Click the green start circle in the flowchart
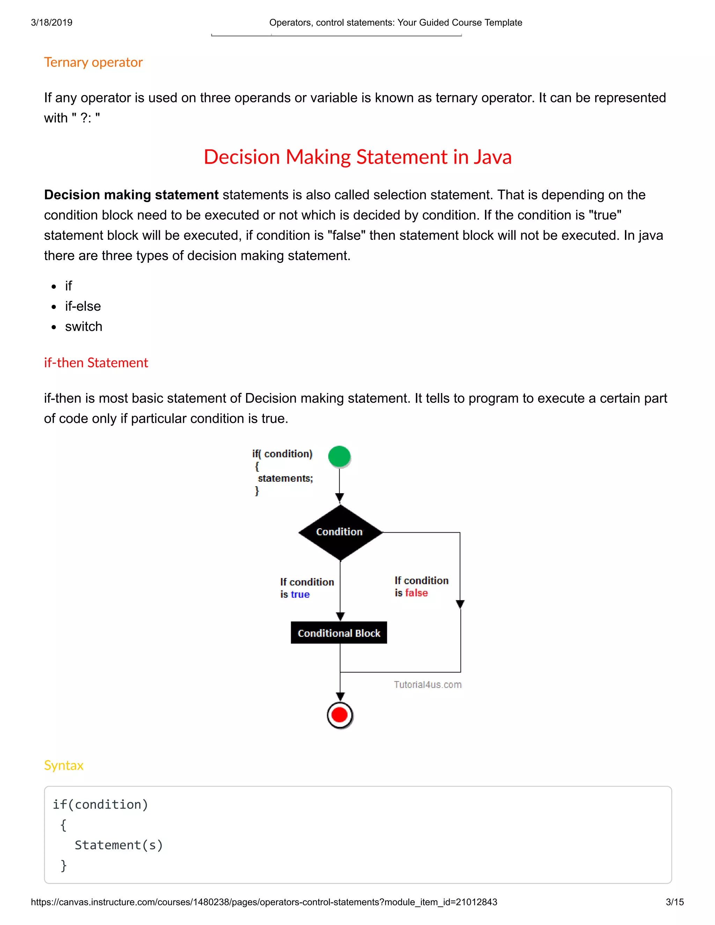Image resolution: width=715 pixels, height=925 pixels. pyautogui.click(x=339, y=457)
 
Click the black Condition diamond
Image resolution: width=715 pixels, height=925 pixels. pyautogui.click(x=340, y=532)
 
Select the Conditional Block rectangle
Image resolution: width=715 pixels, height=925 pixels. pyautogui.click(x=339, y=633)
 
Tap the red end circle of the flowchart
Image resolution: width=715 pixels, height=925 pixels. pyautogui.click(x=339, y=715)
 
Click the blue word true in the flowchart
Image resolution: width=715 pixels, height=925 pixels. pyautogui.click(x=300, y=595)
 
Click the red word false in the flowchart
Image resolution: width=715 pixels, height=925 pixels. pyautogui.click(x=417, y=593)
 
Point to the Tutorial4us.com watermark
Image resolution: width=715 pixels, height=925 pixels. pyautogui.click(x=427, y=685)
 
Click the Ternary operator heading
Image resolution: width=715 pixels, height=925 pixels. pyautogui.click(x=93, y=62)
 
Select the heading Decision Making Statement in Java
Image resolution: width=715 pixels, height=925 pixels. pyautogui.click(x=357, y=157)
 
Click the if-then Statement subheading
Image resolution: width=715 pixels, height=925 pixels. pyautogui.click(x=96, y=363)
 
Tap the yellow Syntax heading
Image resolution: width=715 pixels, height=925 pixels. pyautogui.click(x=64, y=765)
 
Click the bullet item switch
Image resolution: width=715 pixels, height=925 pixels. pyautogui.click(x=83, y=327)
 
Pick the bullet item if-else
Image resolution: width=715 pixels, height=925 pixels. pyautogui.click(x=83, y=306)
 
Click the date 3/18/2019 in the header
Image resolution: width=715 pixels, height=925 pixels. pyautogui.click(x=52, y=22)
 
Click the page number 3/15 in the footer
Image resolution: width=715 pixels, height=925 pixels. pyautogui.click(x=675, y=902)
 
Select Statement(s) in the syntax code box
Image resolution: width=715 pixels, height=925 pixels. pyautogui.click(x=119, y=845)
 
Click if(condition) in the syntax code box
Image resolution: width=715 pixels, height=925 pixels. pyautogui.click(x=101, y=804)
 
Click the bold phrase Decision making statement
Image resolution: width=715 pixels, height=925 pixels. pyautogui.click(x=131, y=195)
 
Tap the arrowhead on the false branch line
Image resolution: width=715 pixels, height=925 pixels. pyautogui.click(x=460, y=604)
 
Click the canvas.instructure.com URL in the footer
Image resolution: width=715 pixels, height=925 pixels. pyautogui.click(x=264, y=902)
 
